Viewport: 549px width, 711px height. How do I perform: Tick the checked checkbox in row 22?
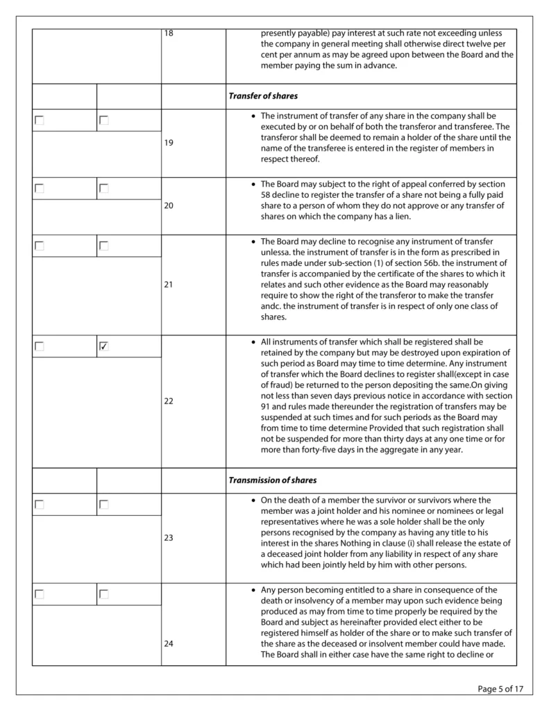click(x=104, y=346)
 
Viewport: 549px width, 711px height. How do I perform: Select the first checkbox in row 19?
click(x=40, y=120)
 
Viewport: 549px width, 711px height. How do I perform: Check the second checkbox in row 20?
click(x=104, y=188)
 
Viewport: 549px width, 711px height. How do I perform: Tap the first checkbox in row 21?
click(x=40, y=245)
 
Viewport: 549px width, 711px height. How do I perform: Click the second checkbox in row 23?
click(x=104, y=505)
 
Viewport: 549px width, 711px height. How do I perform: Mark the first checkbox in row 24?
click(x=40, y=594)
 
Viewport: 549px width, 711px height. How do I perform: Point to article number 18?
click(x=169, y=33)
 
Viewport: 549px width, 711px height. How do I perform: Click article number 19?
click(x=169, y=143)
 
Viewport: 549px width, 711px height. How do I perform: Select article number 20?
click(x=169, y=206)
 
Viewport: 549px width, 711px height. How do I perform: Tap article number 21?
click(x=169, y=285)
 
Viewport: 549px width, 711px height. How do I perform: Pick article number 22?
click(x=169, y=401)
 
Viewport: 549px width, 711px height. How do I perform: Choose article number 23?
click(x=169, y=537)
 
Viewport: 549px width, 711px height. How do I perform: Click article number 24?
click(x=169, y=644)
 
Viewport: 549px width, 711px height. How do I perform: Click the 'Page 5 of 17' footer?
click(x=500, y=689)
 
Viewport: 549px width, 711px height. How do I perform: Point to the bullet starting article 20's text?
click(x=253, y=185)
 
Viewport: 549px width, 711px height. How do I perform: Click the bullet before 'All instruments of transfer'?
click(x=253, y=342)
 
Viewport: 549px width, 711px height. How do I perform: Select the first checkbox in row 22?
click(x=40, y=346)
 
